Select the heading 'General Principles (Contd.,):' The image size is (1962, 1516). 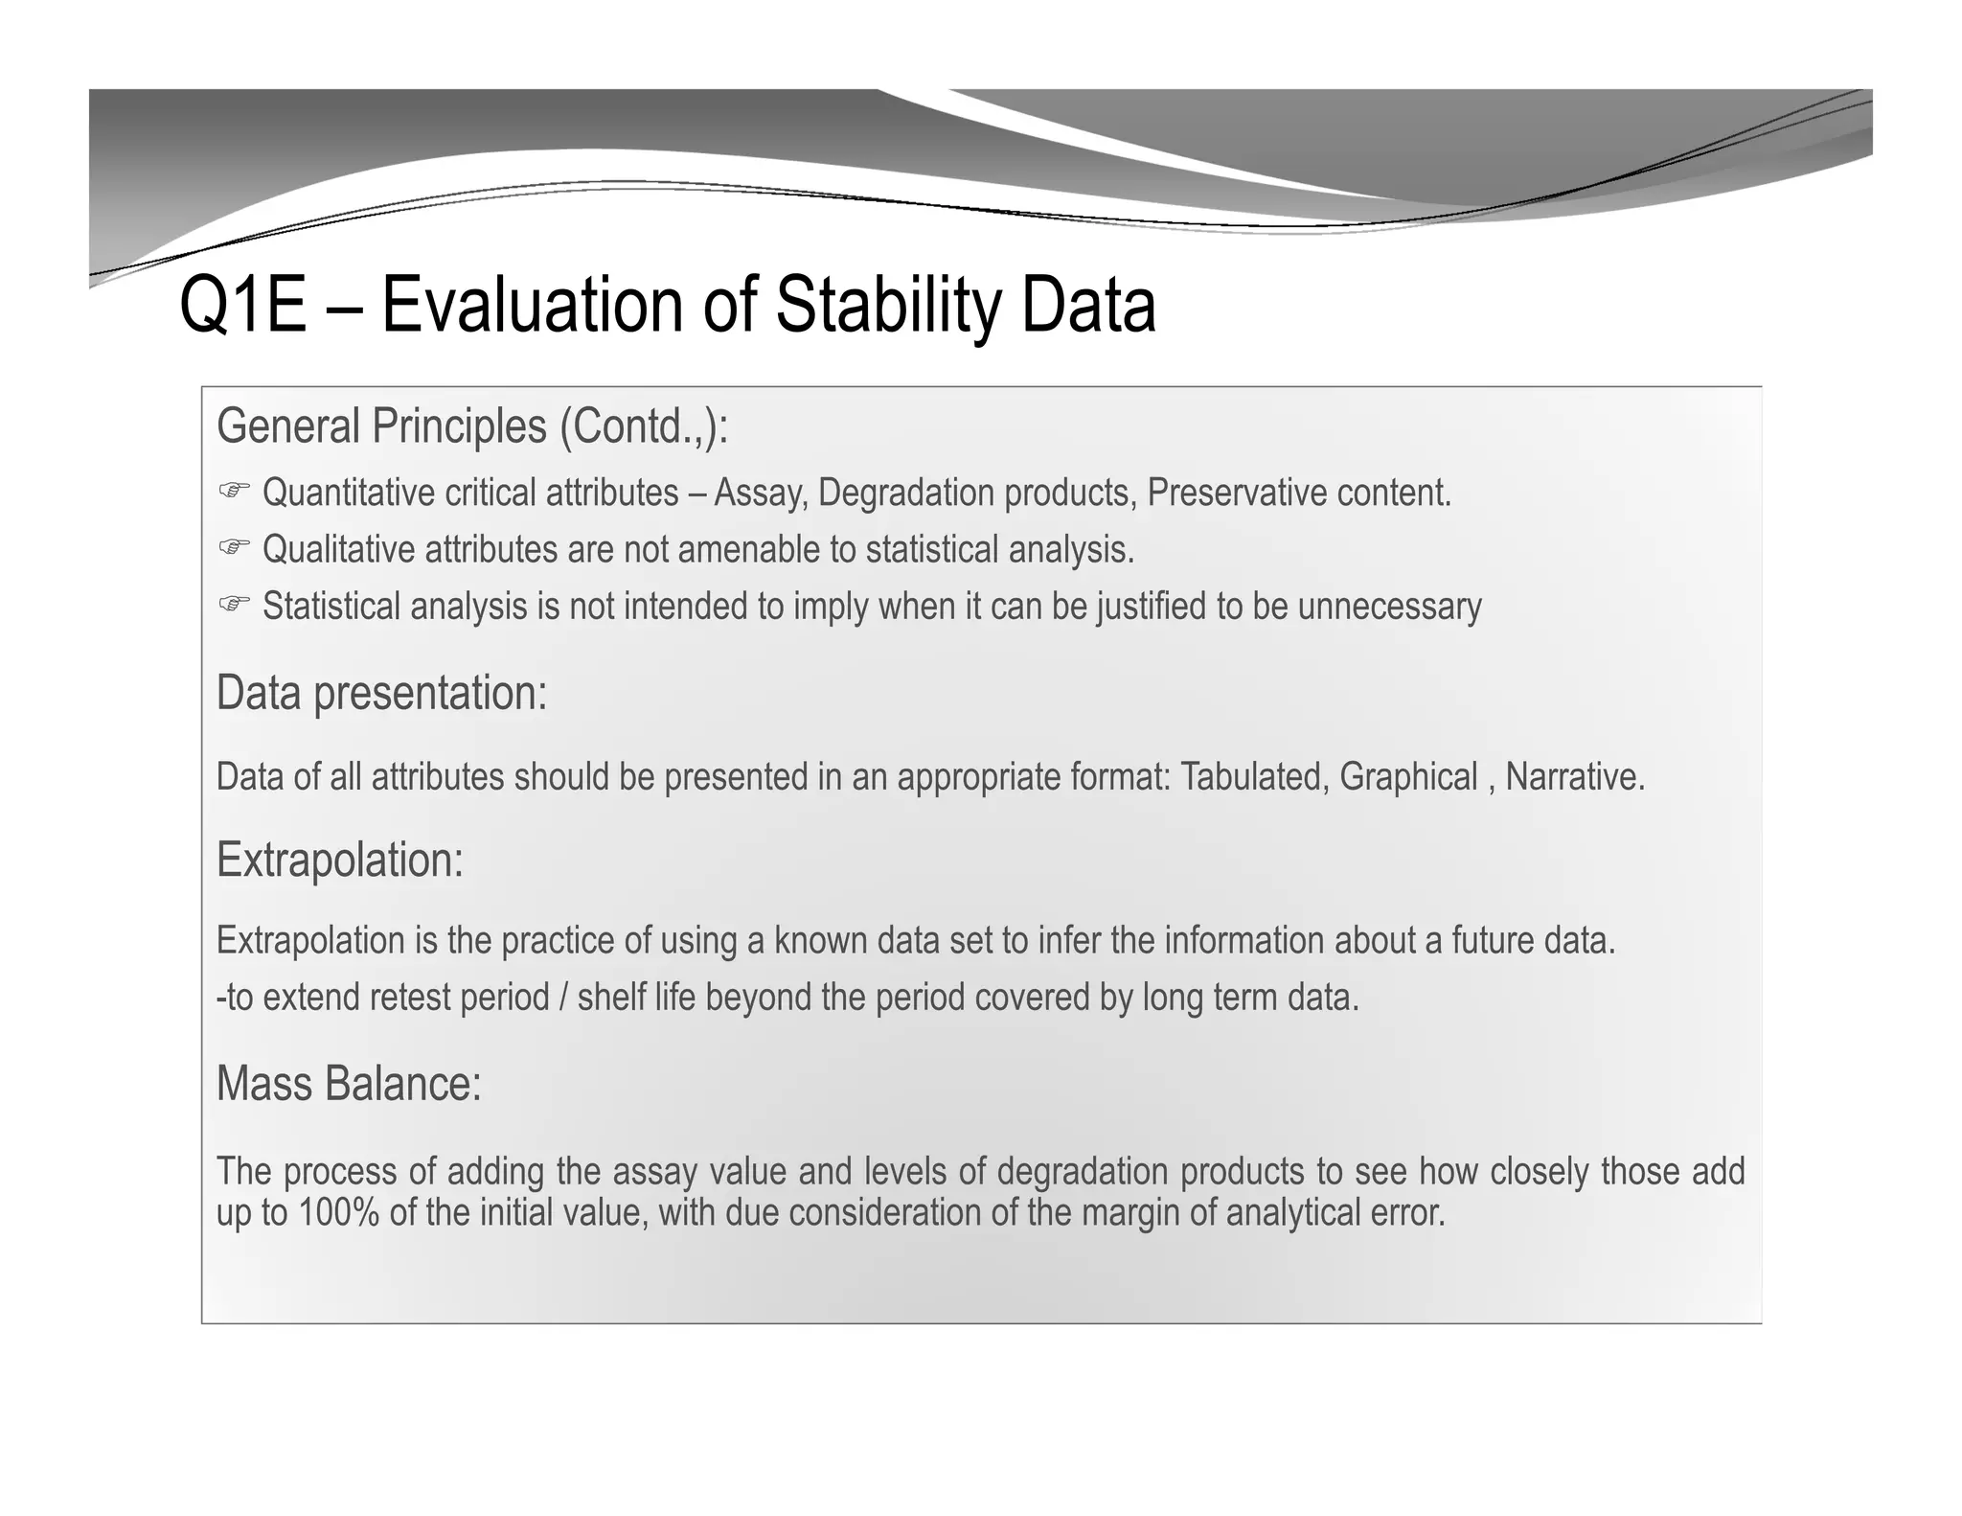472,426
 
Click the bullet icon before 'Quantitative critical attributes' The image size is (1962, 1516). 233,492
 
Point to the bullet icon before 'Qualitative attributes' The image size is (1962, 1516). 233,548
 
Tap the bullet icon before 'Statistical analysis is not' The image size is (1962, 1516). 233,605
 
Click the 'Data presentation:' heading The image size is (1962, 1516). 381,693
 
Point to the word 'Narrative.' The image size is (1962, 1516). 1574,776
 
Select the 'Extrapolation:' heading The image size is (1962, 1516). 339,860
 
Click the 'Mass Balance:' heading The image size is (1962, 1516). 349,1084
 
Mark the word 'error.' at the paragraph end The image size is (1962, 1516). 1407,1213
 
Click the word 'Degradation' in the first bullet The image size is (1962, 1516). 906,493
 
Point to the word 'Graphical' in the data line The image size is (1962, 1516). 1408,776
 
